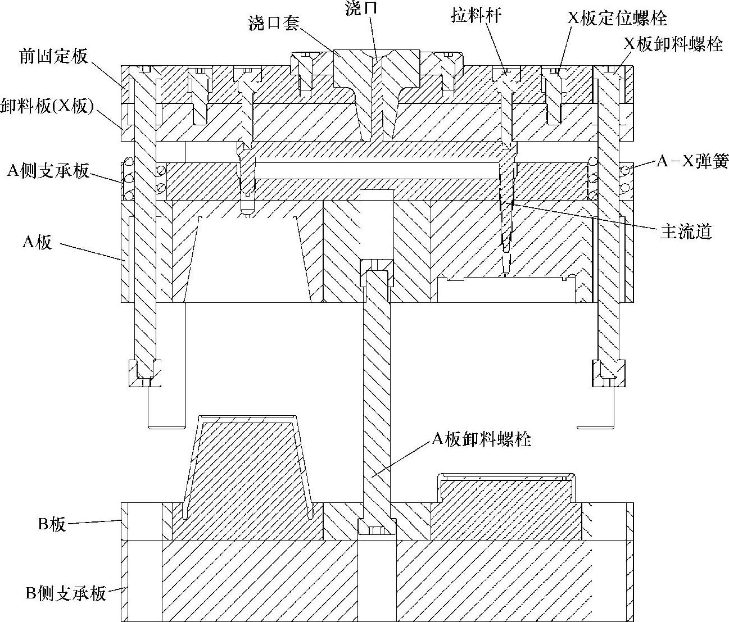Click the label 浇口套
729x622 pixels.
(274, 22)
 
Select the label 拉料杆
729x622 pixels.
(476, 16)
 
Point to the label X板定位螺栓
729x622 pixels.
(617, 18)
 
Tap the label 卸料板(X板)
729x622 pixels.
(47, 105)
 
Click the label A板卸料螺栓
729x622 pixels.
(481, 439)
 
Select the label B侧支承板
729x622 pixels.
(66, 593)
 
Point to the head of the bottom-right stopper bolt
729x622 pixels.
(608, 373)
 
